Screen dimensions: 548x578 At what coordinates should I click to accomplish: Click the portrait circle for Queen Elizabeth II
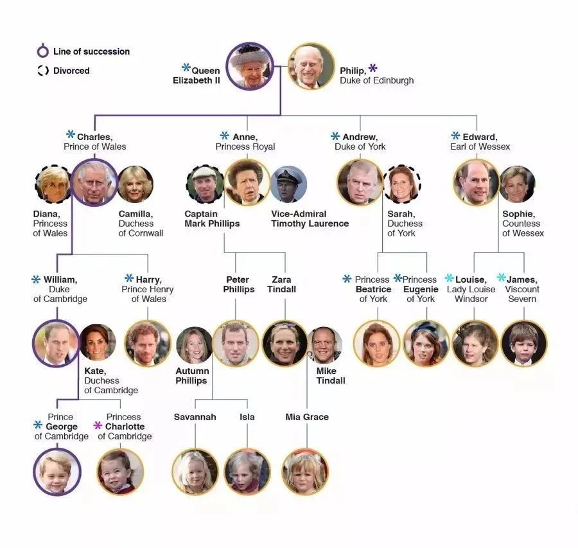pos(250,66)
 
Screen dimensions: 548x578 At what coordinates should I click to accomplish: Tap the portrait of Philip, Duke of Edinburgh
pos(311,66)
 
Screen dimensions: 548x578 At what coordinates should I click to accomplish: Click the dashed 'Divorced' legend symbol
pos(43,71)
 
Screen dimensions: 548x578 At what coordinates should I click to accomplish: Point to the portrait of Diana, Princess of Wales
pos(53,184)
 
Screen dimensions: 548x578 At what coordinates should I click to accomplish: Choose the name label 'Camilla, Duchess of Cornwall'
pos(141,224)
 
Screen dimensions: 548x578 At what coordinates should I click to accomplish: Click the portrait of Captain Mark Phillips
pos(205,184)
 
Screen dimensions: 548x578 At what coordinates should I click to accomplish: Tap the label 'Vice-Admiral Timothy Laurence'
pos(310,218)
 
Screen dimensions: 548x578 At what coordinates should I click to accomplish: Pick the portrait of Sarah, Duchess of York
pos(403,184)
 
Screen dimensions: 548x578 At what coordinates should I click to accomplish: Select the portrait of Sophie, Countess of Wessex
pos(517,184)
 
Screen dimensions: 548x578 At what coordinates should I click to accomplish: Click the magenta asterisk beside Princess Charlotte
pos(98,426)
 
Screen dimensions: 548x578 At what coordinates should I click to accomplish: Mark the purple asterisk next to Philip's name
pos(372,68)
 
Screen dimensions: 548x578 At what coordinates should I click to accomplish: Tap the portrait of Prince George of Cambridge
pos(57,472)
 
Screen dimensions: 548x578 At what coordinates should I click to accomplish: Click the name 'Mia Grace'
pos(307,417)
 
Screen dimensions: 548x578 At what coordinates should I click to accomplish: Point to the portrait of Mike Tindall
pos(324,345)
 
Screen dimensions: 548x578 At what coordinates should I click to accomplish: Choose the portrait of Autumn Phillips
pos(194,345)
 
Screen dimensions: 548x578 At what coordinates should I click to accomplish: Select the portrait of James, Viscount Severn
pos(524,344)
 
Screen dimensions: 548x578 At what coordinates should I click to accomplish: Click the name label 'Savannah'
pos(195,417)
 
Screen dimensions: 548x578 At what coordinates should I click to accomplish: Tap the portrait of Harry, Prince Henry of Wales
pos(148,344)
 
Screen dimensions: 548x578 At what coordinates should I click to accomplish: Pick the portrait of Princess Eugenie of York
pos(426,344)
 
